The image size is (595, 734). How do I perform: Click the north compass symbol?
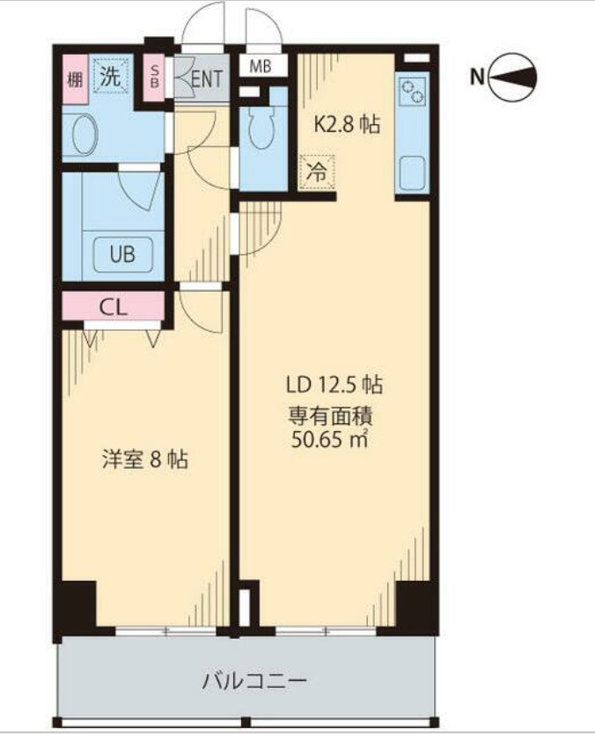[x=512, y=77]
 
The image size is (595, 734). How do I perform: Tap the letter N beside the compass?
[x=477, y=77]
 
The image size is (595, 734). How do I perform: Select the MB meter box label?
[x=261, y=66]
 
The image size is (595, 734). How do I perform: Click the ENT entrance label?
[x=207, y=78]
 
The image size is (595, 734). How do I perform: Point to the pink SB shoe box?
[x=155, y=77]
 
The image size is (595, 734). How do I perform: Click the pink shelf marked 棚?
[x=76, y=79]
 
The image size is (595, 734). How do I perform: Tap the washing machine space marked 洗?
[x=111, y=76]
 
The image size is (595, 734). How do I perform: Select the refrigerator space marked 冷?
[x=318, y=172]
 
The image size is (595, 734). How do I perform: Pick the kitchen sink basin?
[x=413, y=172]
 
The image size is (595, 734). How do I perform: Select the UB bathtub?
[x=122, y=254]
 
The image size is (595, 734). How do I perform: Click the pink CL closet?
[x=113, y=306]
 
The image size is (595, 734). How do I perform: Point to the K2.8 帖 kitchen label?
[x=347, y=124]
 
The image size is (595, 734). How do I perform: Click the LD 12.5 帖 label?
[x=334, y=385]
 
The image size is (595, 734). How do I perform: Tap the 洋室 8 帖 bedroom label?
[x=145, y=459]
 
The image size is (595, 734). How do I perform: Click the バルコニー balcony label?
[x=254, y=681]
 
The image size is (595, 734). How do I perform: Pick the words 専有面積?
[x=330, y=415]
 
